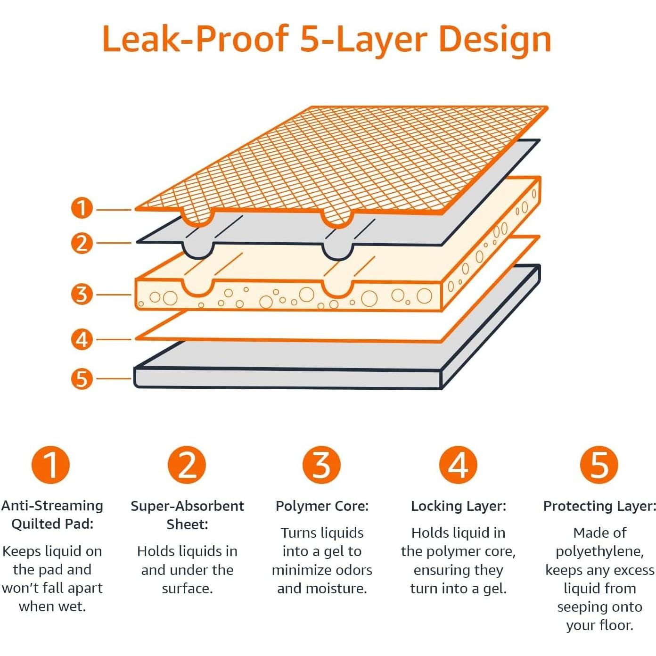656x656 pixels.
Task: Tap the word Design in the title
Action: (495, 41)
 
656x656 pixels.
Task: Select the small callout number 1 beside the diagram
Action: (82, 208)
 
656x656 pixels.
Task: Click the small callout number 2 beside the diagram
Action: (82, 243)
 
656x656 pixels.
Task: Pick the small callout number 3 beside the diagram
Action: (82, 295)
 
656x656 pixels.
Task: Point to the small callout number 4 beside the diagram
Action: (82, 339)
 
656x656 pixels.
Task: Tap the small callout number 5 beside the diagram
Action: (82, 378)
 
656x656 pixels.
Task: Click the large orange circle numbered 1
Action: (51, 465)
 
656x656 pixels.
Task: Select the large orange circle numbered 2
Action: (187, 465)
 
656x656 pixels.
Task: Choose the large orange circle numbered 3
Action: (322, 465)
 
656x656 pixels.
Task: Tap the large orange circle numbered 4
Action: (458, 465)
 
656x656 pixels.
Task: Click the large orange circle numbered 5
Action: (599, 465)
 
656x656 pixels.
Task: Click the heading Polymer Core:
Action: (322, 506)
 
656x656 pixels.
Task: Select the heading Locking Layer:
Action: (458, 506)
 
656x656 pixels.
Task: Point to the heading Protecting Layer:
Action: (599, 506)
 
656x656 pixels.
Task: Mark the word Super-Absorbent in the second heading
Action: (187, 507)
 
